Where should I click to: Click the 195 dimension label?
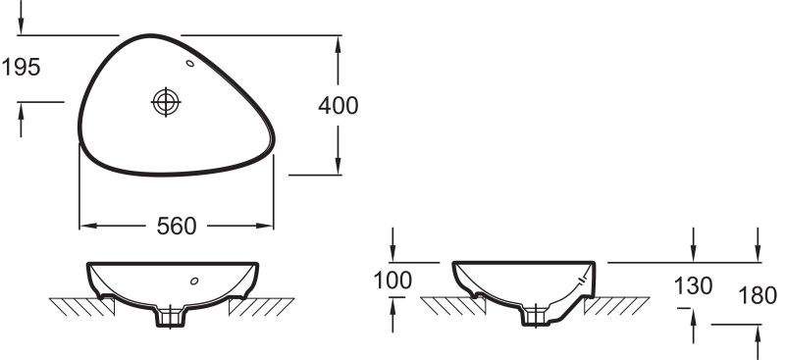pyautogui.click(x=21, y=67)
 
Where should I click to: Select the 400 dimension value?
pyautogui.click(x=339, y=106)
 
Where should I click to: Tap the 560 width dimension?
pyautogui.click(x=177, y=227)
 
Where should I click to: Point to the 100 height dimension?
pyautogui.click(x=393, y=281)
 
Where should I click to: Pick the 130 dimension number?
pyautogui.click(x=694, y=285)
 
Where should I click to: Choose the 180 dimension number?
pyautogui.click(x=758, y=295)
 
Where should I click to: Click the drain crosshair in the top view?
pyautogui.click(x=166, y=102)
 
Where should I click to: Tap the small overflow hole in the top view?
pyautogui.click(x=190, y=63)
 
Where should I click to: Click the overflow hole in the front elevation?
pyautogui.click(x=194, y=281)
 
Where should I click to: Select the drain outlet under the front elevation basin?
pyautogui.click(x=171, y=317)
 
